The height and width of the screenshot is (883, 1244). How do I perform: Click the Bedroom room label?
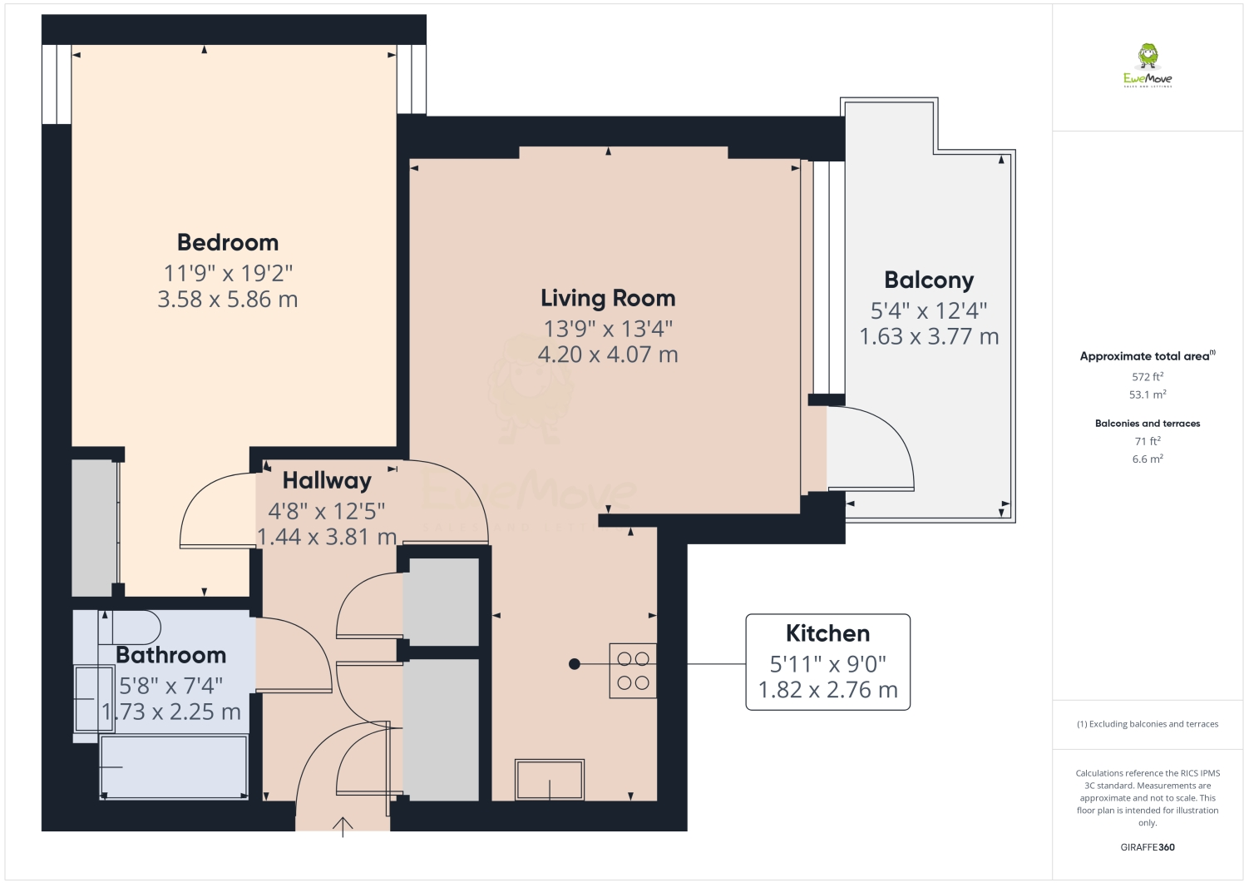pos(228,242)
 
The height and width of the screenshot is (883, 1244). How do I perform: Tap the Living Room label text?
pos(608,298)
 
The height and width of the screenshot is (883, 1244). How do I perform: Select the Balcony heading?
pos(929,280)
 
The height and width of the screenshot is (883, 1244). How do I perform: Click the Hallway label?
pos(327,480)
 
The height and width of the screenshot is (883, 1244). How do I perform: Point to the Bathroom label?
pos(170,655)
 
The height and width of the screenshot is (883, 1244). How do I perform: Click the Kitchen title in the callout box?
pos(827,633)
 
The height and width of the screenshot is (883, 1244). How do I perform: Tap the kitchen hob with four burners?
pos(633,671)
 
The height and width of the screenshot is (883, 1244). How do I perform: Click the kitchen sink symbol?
pos(550,780)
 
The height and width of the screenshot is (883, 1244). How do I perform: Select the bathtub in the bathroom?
pos(174,766)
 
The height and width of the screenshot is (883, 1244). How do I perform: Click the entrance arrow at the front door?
pos(343,826)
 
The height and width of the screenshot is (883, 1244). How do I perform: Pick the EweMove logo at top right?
pos(1148,65)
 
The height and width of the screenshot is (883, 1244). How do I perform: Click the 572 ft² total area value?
pos(1148,377)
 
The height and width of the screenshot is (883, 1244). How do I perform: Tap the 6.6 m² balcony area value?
pos(1148,459)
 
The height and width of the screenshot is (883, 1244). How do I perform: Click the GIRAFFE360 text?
pos(1148,847)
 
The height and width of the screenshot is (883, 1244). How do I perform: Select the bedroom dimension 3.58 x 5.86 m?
pos(228,300)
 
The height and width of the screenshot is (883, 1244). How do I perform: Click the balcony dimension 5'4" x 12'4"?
pos(929,310)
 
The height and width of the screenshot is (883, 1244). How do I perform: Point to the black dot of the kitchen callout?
pos(574,664)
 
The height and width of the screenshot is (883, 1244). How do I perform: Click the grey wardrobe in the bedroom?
pos(95,528)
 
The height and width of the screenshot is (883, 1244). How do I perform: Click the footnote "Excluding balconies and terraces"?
pos(1148,724)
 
